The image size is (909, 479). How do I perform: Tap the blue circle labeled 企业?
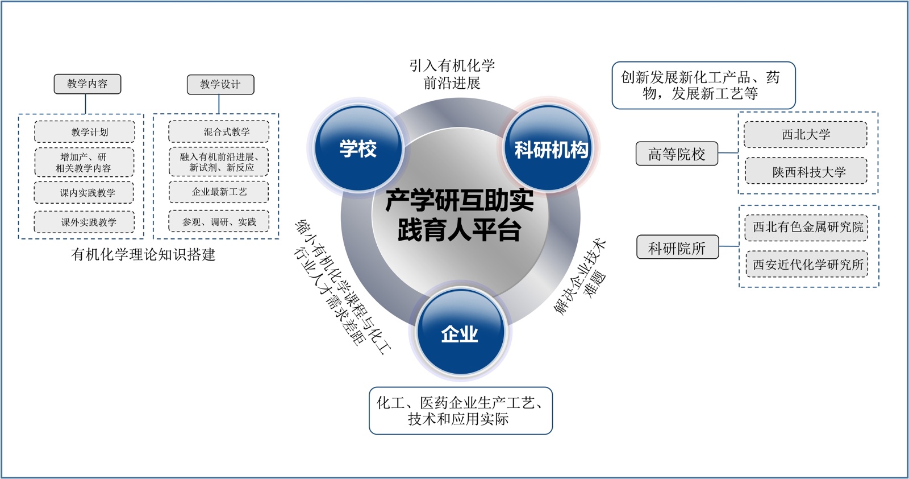click(460, 333)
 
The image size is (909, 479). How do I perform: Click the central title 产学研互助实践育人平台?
click(459, 216)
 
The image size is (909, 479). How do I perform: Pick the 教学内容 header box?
click(87, 84)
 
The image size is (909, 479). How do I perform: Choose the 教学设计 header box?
click(220, 85)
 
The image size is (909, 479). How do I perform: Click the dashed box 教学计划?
click(85, 132)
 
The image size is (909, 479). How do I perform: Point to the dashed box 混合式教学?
click(219, 132)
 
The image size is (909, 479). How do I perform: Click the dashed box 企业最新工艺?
click(219, 192)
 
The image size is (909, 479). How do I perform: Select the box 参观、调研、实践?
click(219, 222)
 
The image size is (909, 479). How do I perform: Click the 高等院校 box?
click(677, 154)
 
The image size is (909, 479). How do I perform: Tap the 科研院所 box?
click(677, 248)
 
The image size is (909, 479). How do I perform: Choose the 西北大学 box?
click(806, 135)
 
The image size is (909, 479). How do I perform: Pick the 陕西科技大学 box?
click(806, 172)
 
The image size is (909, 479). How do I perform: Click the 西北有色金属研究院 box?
click(807, 227)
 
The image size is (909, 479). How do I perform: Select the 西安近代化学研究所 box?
click(807, 265)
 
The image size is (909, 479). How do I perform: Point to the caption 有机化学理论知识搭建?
click(143, 255)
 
